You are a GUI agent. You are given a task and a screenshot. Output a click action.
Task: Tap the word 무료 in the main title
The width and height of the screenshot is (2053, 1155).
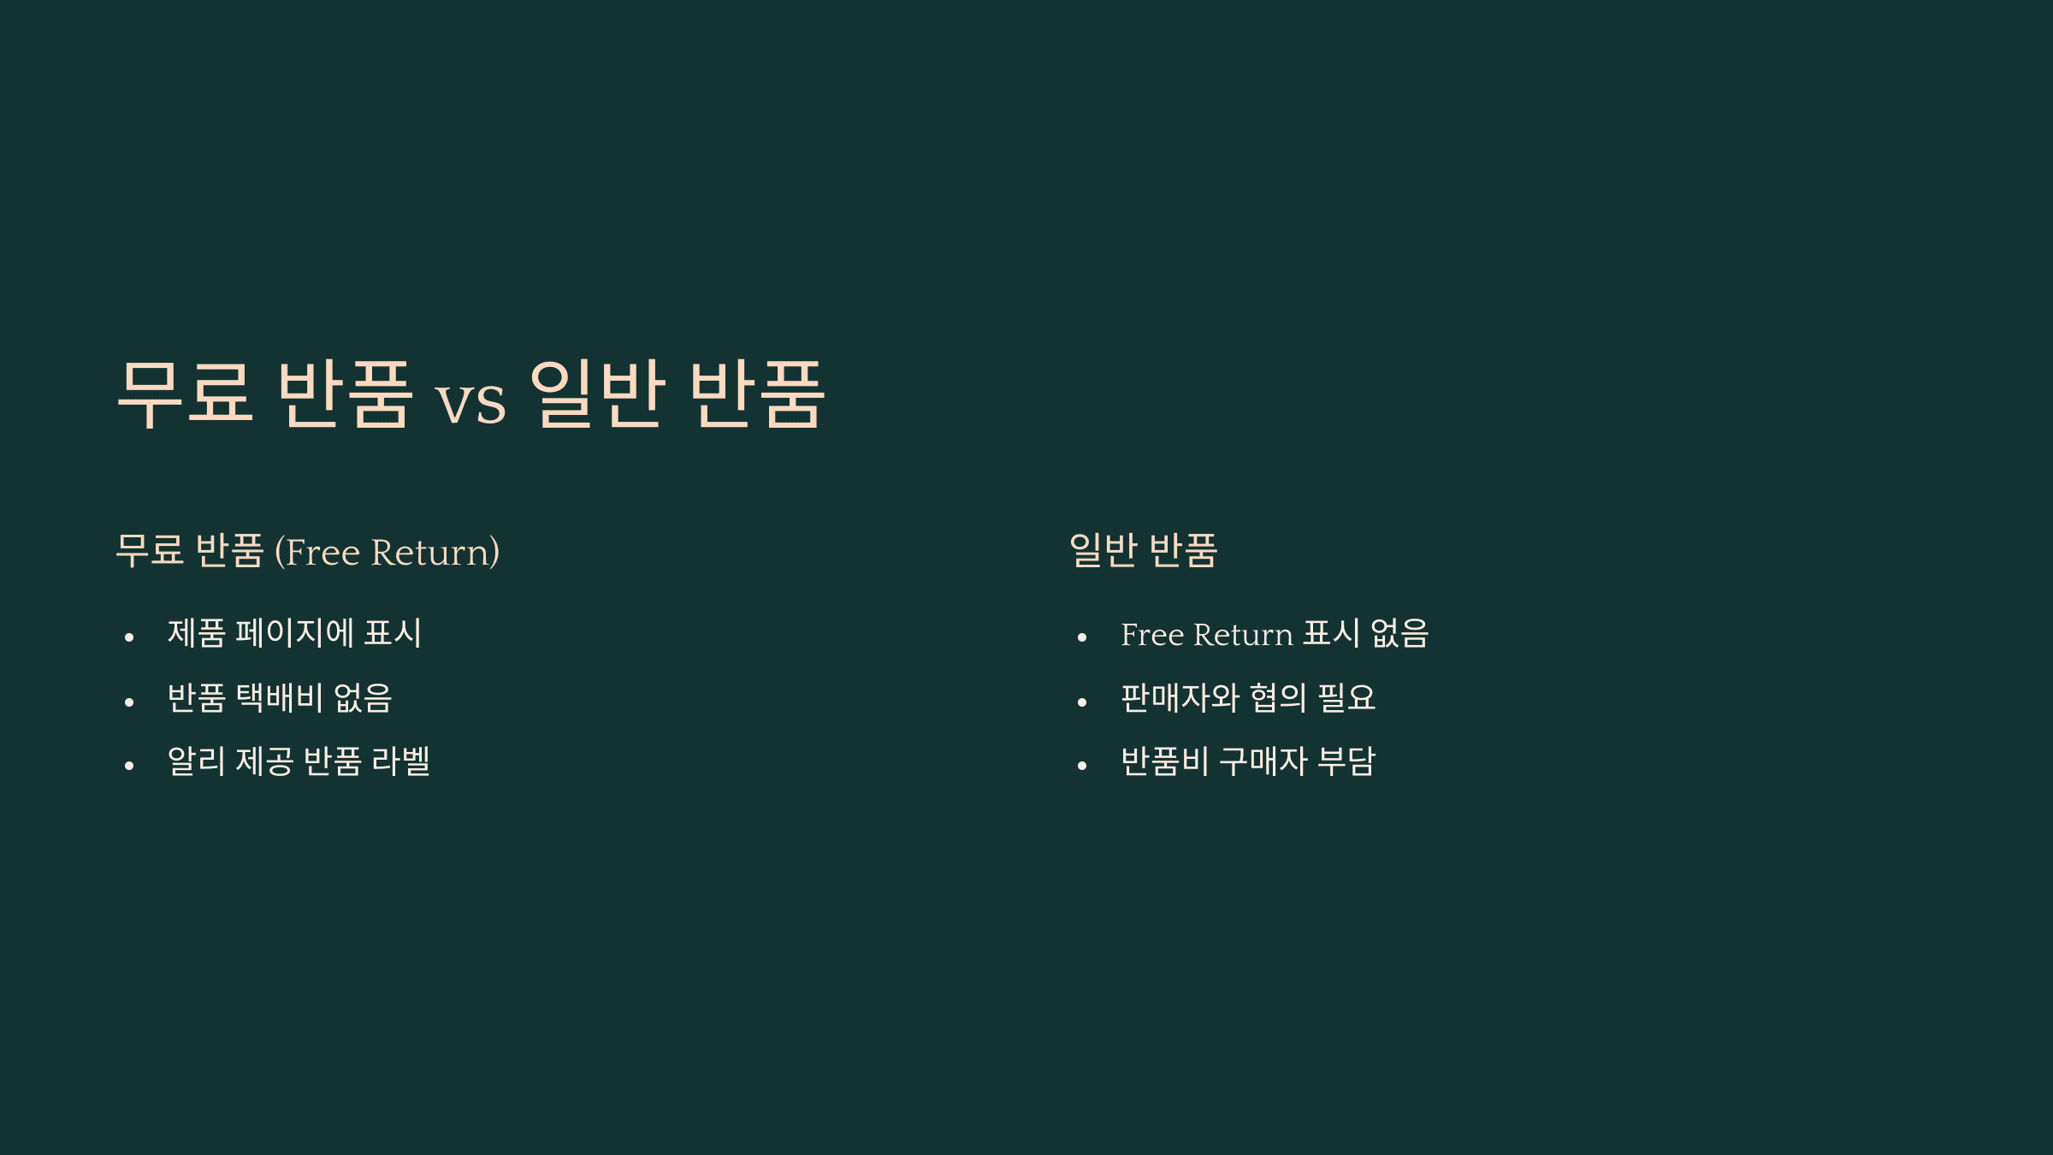[x=186, y=394]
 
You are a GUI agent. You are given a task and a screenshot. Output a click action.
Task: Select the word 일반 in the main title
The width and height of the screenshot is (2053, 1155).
[x=597, y=394]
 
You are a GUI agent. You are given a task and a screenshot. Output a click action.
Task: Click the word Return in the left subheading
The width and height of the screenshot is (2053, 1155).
[x=435, y=552]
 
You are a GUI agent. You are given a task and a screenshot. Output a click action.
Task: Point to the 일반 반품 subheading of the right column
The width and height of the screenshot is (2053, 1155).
[x=1143, y=550]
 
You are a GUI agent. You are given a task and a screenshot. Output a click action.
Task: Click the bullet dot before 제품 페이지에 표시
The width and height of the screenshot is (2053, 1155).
[x=129, y=637]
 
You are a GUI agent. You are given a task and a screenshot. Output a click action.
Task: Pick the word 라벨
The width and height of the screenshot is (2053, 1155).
[x=401, y=761]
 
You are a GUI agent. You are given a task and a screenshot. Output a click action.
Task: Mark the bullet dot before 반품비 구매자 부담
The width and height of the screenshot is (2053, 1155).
[x=1082, y=766]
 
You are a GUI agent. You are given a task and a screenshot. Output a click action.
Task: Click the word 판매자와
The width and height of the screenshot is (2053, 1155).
[x=1180, y=697]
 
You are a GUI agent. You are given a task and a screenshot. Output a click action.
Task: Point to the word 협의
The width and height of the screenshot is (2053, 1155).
[x=1278, y=697]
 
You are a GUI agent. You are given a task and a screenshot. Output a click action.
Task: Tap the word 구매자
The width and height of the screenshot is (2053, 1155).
[x=1263, y=761]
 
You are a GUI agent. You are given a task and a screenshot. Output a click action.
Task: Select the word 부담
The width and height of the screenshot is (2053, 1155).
[x=1346, y=761]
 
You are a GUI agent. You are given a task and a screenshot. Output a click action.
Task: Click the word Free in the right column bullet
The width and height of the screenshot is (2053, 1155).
[x=1152, y=635]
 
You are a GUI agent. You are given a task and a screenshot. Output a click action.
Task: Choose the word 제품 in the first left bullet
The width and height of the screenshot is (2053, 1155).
[x=196, y=633]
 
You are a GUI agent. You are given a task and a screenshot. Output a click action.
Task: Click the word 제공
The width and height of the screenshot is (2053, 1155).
[x=264, y=761]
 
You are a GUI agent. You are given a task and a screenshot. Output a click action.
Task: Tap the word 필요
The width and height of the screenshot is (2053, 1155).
[x=1346, y=697]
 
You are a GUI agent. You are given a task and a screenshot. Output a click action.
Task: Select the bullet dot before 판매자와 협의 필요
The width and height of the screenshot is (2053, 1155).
[x=1082, y=702]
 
